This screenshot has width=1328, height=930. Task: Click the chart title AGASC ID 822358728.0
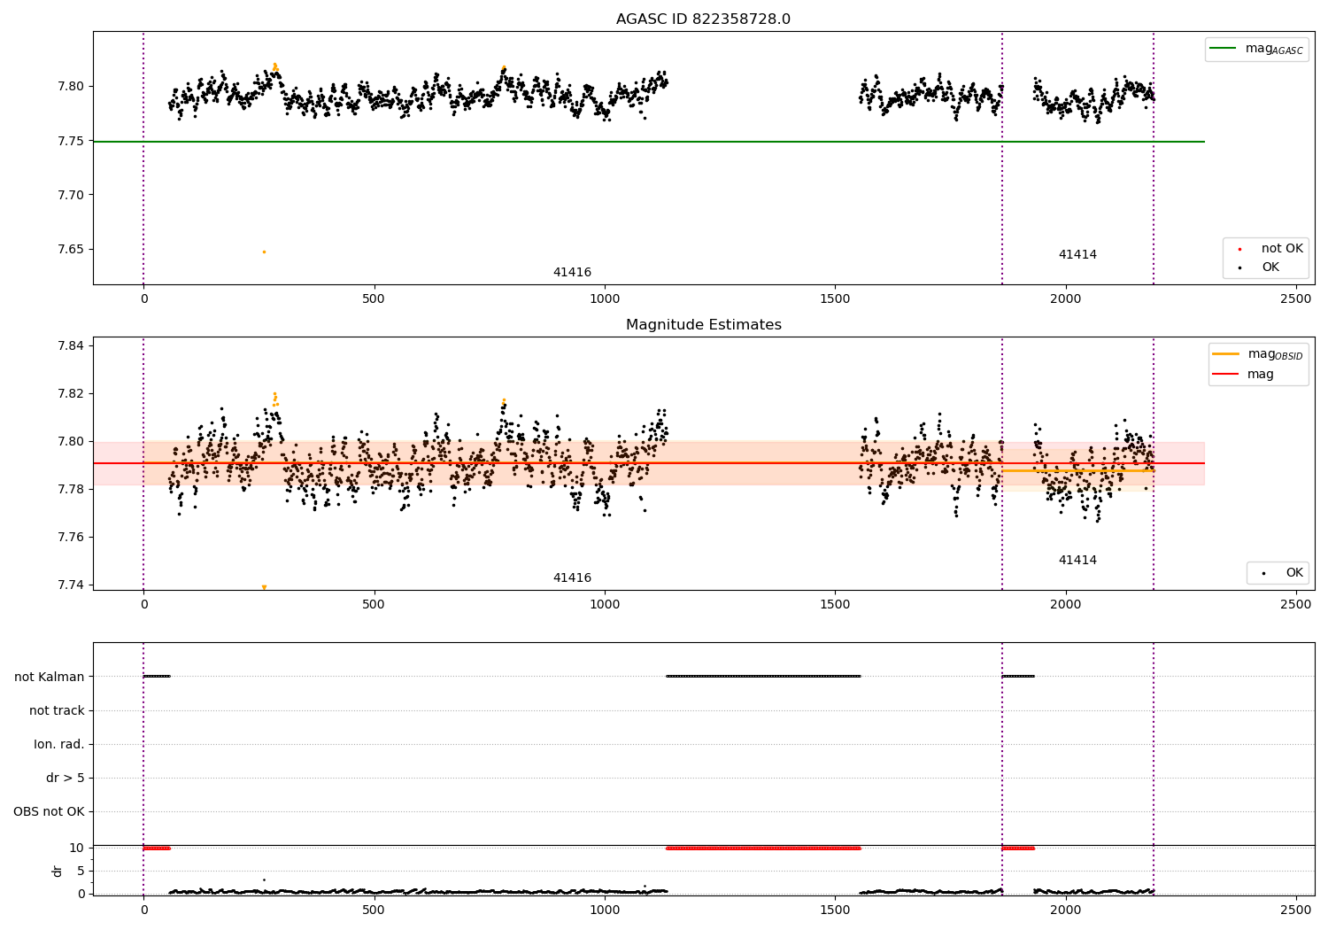coord(703,19)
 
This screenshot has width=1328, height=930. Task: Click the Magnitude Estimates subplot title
coord(704,324)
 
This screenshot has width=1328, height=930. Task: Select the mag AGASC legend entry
coord(1256,50)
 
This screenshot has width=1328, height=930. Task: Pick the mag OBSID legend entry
coord(1257,354)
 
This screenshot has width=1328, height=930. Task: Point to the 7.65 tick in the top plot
coord(71,249)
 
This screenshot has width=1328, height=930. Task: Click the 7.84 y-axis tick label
coord(71,345)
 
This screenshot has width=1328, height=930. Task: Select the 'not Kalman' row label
coord(50,677)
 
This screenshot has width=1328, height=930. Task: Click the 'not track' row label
coord(57,710)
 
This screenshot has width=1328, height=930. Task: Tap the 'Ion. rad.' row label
coord(58,744)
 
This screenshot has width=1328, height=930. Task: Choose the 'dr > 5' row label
coord(66,778)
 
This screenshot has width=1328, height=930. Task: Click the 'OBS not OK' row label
coord(50,811)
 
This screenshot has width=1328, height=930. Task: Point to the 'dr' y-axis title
coord(57,871)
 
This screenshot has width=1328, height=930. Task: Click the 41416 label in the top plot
coord(572,272)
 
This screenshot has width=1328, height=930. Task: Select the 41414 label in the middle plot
coord(1077,560)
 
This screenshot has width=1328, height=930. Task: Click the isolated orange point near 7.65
coord(265,252)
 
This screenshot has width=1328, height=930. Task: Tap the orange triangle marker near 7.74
coord(265,587)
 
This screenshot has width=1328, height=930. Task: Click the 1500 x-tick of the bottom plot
coord(835,910)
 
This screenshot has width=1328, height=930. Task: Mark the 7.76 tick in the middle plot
coord(71,538)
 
